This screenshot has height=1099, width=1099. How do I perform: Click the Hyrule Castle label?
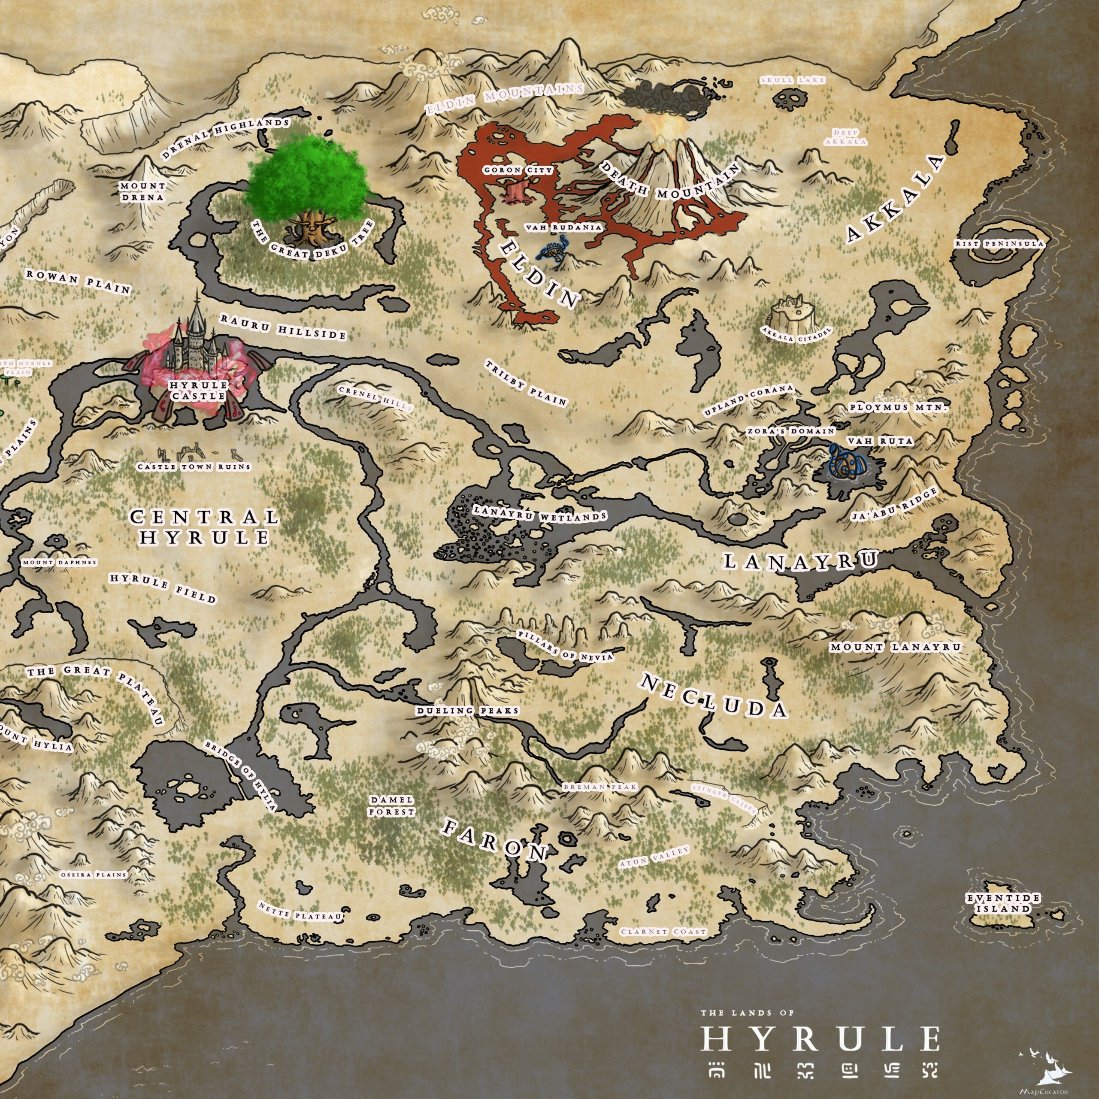click(198, 390)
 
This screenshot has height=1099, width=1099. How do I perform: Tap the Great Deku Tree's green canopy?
click(307, 176)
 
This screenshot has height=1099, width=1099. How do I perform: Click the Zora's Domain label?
click(791, 432)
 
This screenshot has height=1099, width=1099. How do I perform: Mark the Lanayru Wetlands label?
click(540, 514)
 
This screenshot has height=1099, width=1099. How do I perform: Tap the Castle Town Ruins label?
click(194, 466)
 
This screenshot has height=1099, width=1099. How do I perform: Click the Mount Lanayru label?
click(895, 647)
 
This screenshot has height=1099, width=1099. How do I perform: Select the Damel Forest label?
click(391, 805)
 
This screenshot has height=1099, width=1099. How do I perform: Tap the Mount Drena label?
click(142, 192)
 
